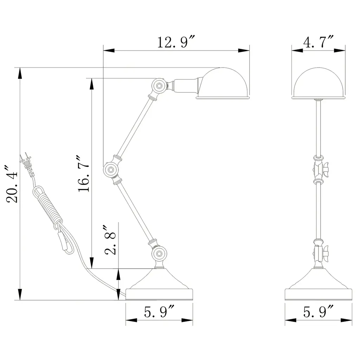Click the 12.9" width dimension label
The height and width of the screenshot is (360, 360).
point(176,42)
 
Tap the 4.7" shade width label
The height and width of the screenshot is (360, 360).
point(318,41)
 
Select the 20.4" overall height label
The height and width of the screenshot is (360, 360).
point(12,184)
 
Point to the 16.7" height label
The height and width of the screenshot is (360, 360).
point(83,174)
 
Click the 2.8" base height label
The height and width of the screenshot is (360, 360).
point(110,240)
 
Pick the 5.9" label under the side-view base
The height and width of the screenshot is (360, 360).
point(159,311)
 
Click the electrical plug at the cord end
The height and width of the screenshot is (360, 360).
point(27,163)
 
